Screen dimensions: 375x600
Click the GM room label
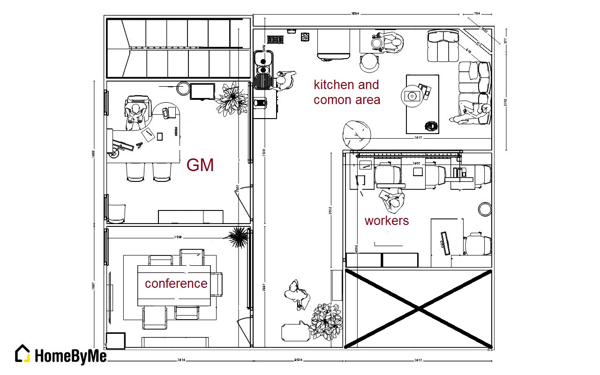(200, 165)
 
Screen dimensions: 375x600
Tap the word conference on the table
(176, 283)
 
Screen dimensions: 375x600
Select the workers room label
(387, 220)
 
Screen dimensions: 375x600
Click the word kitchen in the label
(334, 85)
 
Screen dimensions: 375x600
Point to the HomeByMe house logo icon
(23, 354)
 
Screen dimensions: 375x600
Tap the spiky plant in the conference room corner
(239, 237)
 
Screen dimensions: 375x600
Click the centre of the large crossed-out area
(419, 308)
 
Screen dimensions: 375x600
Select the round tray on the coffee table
(412, 96)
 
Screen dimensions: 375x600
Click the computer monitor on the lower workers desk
(444, 244)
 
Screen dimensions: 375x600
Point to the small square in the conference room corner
(115, 341)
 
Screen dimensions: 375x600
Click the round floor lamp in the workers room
(485, 208)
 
